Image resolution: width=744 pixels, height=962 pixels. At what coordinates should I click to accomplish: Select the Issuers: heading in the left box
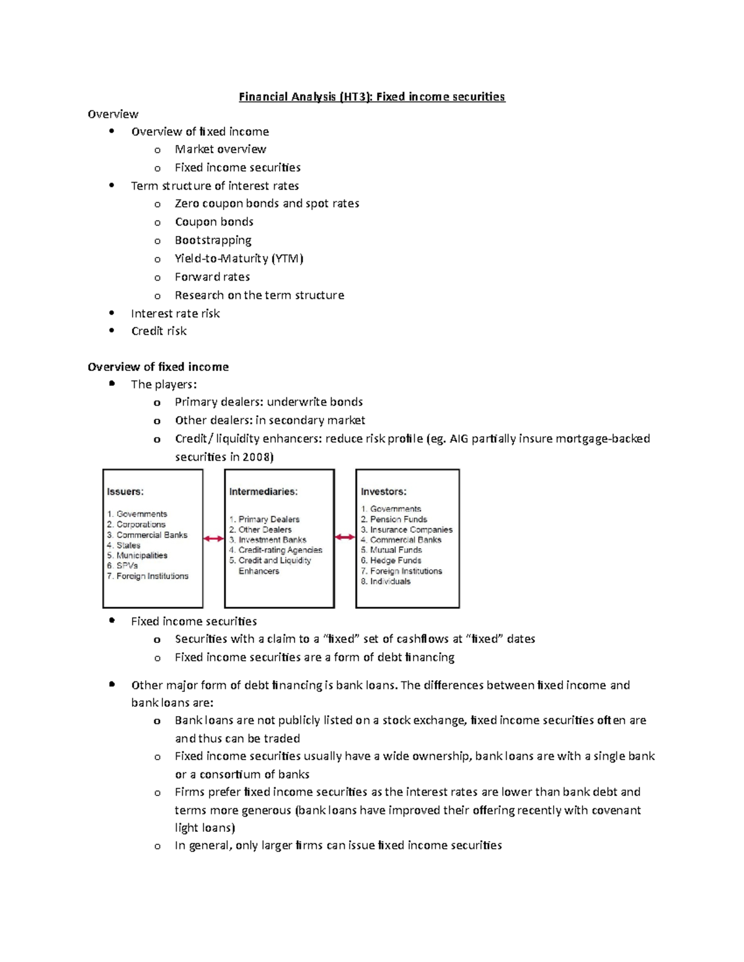point(125,492)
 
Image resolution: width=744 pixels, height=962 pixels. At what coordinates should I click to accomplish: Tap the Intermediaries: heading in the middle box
point(263,492)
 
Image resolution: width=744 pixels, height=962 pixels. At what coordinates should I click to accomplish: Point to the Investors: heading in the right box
point(384,492)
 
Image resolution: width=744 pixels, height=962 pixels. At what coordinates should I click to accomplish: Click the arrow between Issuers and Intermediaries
point(213,539)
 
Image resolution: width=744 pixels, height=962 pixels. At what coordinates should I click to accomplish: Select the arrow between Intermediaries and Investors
point(345,537)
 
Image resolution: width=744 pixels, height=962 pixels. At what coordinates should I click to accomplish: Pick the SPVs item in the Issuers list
point(127,566)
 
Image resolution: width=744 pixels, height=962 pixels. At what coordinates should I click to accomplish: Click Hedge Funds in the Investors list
point(396,561)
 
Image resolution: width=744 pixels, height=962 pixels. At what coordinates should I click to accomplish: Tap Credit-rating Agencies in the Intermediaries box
point(280,550)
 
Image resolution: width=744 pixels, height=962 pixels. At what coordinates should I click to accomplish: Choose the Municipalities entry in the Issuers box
point(141,556)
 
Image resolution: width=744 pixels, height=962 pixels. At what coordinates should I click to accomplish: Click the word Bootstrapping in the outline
point(213,240)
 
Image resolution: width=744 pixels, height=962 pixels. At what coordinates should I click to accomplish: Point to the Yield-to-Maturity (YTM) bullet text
point(239,258)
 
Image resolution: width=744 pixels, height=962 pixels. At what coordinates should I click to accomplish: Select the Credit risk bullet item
point(159,331)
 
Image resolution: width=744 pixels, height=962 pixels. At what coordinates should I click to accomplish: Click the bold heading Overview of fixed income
point(158,367)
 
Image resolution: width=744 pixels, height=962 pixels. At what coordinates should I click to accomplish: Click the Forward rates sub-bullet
point(212,277)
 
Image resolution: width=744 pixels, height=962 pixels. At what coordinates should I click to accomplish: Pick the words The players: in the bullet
point(164,385)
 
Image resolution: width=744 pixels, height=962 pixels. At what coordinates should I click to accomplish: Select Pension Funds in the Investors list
point(398,519)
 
